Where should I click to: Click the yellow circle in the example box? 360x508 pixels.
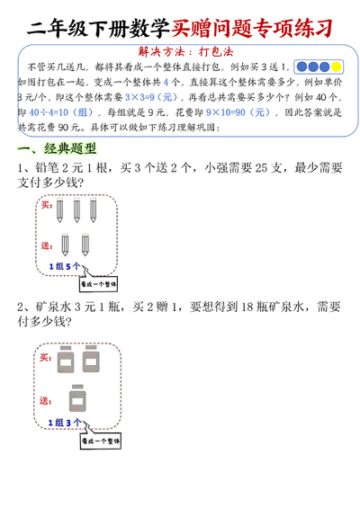tap(337, 67)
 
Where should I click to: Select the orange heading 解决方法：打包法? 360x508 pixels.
tap(179, 52)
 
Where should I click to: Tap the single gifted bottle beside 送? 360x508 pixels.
tap(78, 397)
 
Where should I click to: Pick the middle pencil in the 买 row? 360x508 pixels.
tap(76, 210)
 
